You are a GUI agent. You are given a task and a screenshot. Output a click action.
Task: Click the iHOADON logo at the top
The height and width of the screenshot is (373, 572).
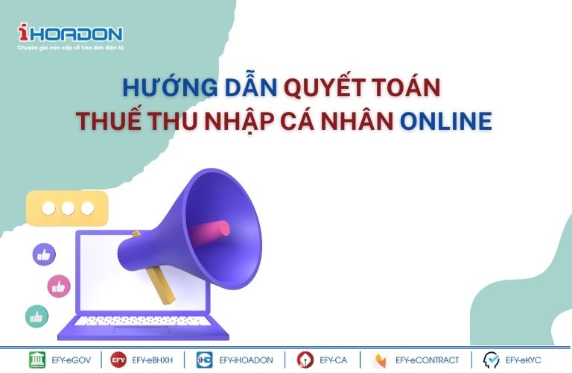[71, 34]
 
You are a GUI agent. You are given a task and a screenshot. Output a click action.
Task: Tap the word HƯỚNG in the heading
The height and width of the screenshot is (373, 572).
[170, 87]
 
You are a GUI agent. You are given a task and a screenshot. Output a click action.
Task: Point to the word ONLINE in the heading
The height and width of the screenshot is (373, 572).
[446, 121]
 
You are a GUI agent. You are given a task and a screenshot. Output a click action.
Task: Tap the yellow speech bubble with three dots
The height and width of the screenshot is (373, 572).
[68, 208]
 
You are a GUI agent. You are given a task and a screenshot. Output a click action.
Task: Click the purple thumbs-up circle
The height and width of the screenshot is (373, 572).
[44, 254]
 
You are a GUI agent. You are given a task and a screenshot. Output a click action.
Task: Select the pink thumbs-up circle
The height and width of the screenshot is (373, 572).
[59, 286]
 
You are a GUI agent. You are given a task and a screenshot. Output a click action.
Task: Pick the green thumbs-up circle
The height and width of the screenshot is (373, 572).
[36, 316]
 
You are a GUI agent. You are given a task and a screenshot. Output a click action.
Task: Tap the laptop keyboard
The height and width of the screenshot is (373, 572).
[143, 321]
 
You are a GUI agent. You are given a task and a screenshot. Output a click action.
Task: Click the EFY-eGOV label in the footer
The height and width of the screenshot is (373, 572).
[71, 360]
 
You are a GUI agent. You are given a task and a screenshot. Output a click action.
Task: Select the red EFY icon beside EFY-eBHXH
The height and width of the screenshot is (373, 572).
[118, 360]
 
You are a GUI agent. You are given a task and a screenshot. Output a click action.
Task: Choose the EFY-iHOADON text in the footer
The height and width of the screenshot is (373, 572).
[246, 360]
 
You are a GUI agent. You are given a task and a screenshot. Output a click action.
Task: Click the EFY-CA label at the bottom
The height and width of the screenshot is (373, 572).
[333, 360]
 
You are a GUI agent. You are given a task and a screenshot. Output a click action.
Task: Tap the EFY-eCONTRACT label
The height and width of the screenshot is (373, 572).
[428, 360]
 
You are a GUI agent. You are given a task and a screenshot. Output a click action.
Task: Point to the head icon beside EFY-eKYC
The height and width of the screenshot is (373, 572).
[491, 360]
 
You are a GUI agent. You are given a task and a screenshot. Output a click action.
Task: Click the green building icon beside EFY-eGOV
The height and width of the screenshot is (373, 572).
[37, 360]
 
